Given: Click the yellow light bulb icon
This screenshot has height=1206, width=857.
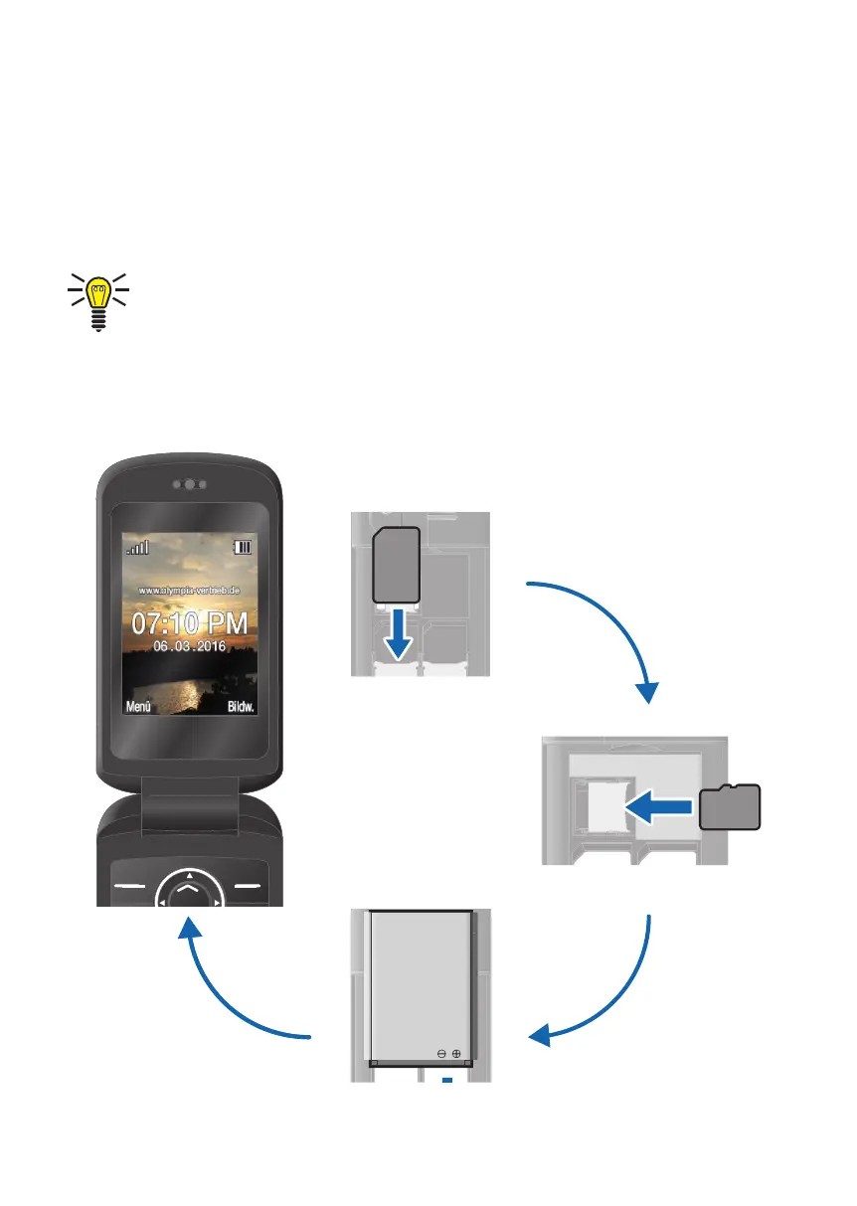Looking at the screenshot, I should [x=97, y=300].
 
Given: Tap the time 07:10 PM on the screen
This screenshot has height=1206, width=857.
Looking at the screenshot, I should [x=188, y=624].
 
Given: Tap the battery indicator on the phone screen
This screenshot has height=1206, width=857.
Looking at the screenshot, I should [x=242, y=547].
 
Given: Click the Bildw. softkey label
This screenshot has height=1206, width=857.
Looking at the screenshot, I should [x=242, y=708].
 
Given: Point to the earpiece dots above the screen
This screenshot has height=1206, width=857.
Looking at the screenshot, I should [x=189, y=485].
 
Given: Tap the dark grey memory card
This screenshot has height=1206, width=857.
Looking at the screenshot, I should [x=729, y=806].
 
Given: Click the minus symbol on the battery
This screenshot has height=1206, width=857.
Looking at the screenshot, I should [x=440, y=1053].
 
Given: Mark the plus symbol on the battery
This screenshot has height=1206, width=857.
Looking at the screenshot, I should [x=457, y=1053].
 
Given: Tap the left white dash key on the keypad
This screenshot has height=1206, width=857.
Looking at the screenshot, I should [x=127, y=885].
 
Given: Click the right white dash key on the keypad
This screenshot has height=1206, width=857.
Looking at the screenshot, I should [x=250, y=885].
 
